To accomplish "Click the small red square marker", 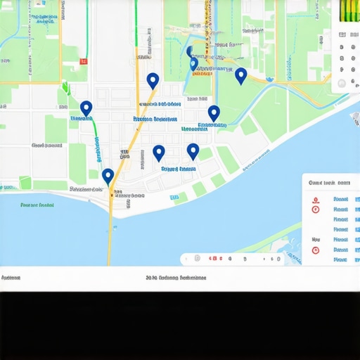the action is (x=84, y=62).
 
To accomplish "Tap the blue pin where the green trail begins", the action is (x=86, y=108).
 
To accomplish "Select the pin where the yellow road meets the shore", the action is (x=108, y=176).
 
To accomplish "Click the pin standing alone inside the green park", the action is (x=240, y=75).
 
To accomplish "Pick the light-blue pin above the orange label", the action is (x=194, y=63).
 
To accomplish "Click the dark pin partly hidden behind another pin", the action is (x=189, y=51).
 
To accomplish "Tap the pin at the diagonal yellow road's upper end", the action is (x=153, y=81).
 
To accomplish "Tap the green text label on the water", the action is (x=37, y=205).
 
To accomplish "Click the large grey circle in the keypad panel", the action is (x=342, y=84).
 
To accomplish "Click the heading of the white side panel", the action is (x=325, y=182).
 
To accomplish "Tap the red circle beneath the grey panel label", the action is (x=316, y=250).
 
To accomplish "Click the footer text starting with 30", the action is (x=176, y=278).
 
